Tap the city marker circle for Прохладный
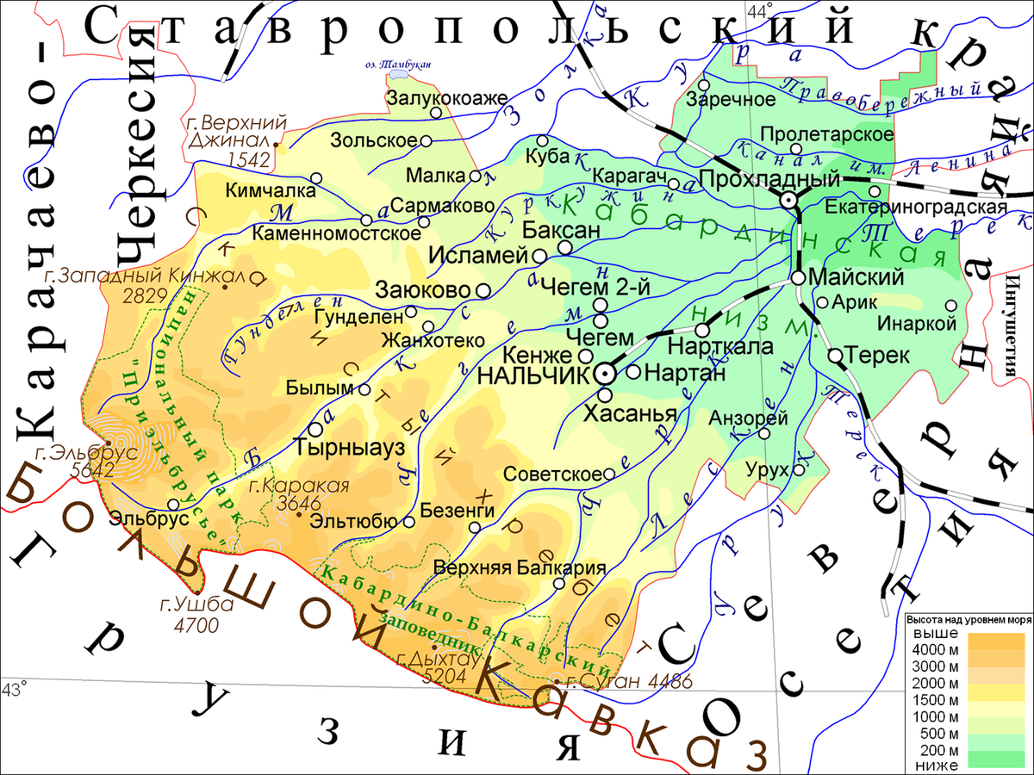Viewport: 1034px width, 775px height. (x=788, y=200)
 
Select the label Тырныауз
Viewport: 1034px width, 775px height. (x=337, y=448)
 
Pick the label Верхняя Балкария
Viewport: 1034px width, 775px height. (x=520, y=568)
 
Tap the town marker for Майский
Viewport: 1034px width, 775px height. (x=798, y=278)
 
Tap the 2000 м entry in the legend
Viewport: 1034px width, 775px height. (x=939, y=685)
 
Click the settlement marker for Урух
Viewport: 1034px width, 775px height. (x=799, y=470)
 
